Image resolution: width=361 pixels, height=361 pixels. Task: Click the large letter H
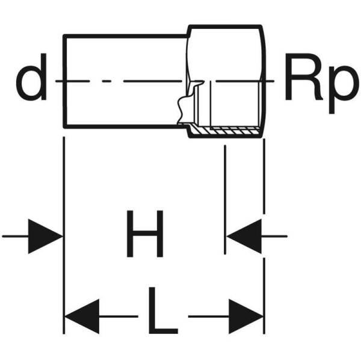144,234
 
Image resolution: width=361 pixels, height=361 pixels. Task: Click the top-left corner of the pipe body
64,35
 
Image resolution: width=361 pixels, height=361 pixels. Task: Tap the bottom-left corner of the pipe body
64,128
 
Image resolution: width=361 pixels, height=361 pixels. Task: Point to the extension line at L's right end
264,241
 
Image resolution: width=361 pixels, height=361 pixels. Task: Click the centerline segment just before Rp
271,81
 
